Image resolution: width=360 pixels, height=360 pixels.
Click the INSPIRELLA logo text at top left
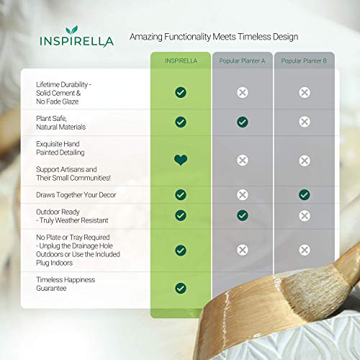(x=76, y=41)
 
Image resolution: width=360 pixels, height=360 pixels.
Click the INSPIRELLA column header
(x=181, y=60)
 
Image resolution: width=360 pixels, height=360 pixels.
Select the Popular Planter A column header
(x=243, y=60)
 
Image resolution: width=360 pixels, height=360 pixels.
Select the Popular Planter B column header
(x=304, y=60)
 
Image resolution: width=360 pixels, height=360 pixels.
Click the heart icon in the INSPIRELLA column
(x=181, y=160)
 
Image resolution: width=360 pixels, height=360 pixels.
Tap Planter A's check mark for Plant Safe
(x=243, y=122)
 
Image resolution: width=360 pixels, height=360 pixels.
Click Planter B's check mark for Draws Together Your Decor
(x=305, y=194)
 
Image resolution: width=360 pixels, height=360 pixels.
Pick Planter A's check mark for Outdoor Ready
(x=243, y=215)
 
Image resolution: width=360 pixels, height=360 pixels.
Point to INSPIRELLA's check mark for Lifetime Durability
(x=181, y=92)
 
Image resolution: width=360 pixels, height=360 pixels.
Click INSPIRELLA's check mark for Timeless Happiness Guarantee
(x=181, y=288)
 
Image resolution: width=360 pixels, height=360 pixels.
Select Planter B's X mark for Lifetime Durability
(x=305, y=92)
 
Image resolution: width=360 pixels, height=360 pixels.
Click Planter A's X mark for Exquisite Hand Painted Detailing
(x=243, y=160)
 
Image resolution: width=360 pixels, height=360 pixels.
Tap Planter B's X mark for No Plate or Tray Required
(x=305, y=250)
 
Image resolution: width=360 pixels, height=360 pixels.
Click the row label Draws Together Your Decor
(x=76, y=194)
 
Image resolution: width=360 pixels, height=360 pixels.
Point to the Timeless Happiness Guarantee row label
(x=66, y=284)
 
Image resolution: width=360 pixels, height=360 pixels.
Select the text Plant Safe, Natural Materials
(x=62, y=122)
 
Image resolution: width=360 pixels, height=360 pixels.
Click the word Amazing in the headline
(x=145, y=36)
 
